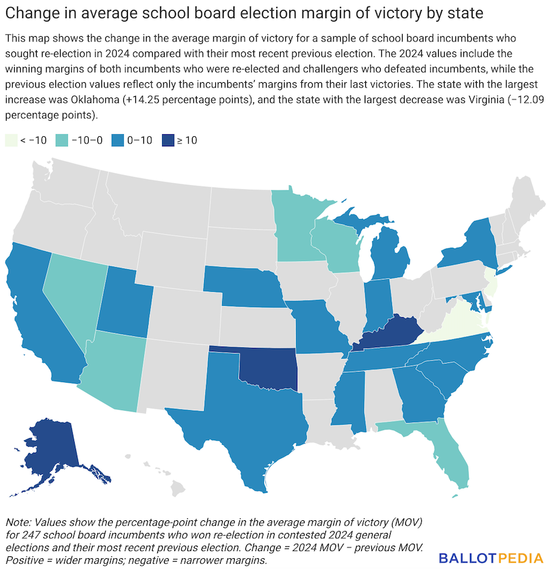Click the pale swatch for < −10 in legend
pos(11,140)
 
